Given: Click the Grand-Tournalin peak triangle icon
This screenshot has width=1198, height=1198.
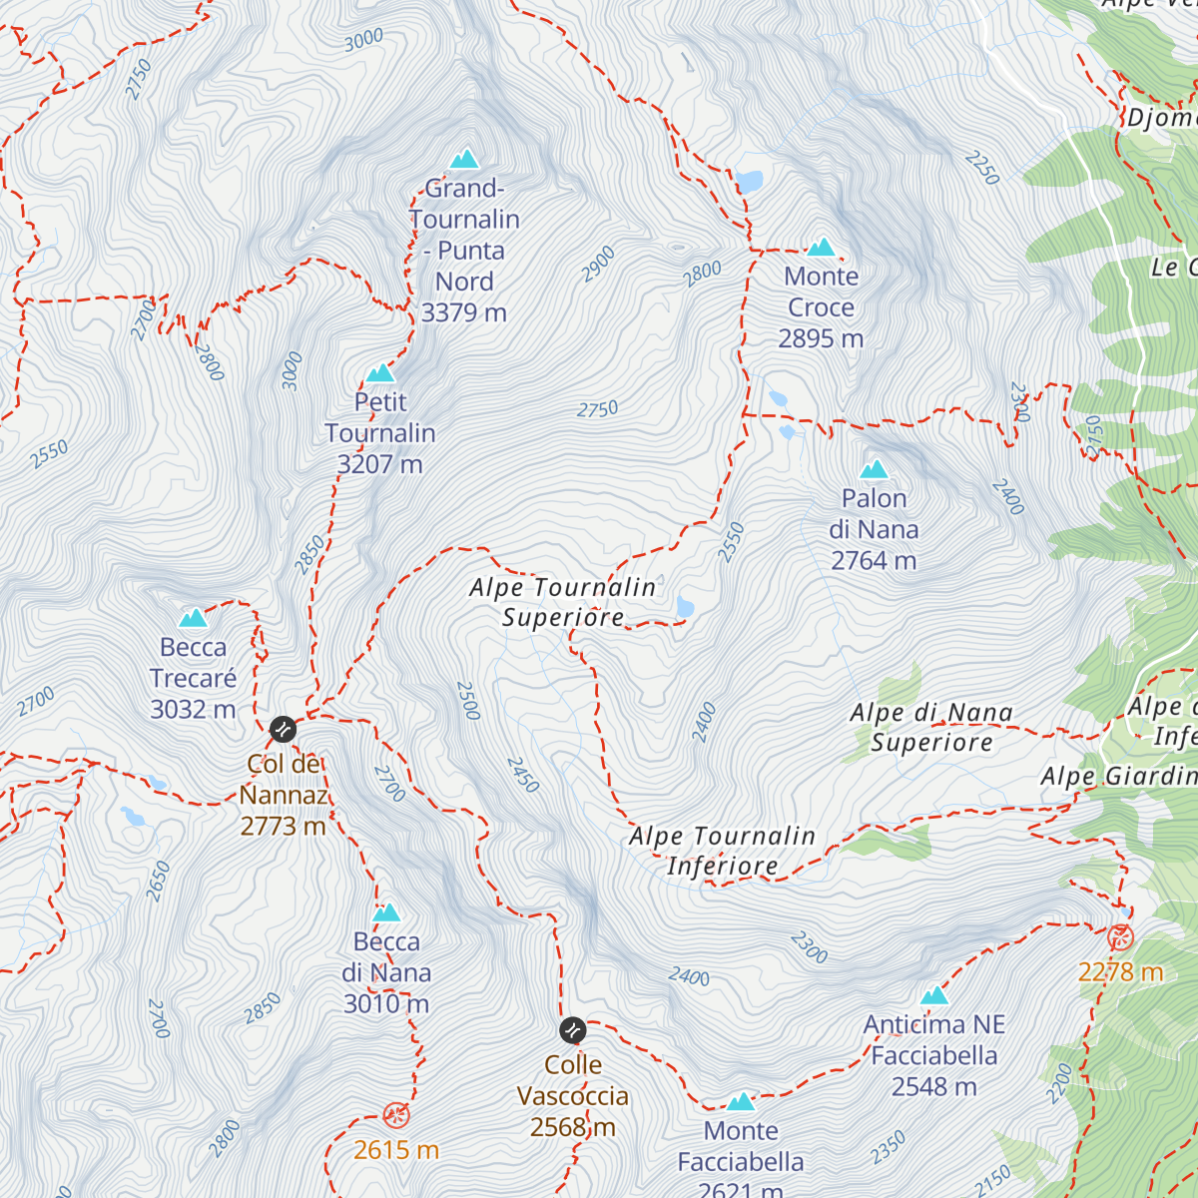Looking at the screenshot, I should [464, 160].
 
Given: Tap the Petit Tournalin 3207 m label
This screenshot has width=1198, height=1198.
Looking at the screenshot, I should [380, 433].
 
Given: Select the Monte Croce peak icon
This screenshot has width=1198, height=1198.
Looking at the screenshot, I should [821, 248].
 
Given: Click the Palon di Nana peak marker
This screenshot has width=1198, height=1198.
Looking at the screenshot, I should [875, 469].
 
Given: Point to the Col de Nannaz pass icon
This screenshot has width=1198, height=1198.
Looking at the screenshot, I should [283, 729].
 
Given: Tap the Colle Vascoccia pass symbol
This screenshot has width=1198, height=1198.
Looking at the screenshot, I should [573, 1029].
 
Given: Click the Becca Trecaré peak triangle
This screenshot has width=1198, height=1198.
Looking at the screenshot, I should [193, 618].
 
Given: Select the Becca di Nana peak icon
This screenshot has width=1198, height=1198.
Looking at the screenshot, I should [386, 912].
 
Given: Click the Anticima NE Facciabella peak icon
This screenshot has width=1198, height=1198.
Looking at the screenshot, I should [933, 995].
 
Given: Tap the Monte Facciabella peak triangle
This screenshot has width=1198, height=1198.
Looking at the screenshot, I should [740, 1101].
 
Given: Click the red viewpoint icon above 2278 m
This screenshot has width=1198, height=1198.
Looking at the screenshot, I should [1121, 937].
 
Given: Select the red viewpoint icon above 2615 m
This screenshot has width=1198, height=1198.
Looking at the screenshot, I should [396, 1115].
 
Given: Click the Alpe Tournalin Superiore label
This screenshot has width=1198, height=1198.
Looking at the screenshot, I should [563, 602].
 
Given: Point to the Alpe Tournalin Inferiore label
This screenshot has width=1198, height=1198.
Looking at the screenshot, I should [722, 851].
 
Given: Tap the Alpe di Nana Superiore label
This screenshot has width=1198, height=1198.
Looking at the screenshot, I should [931, 727].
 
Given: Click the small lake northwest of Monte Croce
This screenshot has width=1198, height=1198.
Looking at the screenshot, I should [749, 182].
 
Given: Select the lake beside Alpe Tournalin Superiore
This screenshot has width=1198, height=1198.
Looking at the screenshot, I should [685, 606].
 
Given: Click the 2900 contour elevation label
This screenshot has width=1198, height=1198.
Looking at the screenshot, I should [599, 264].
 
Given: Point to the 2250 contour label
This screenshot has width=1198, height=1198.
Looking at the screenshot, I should [982, 168].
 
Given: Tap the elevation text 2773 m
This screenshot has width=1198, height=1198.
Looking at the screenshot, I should [283, 827].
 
